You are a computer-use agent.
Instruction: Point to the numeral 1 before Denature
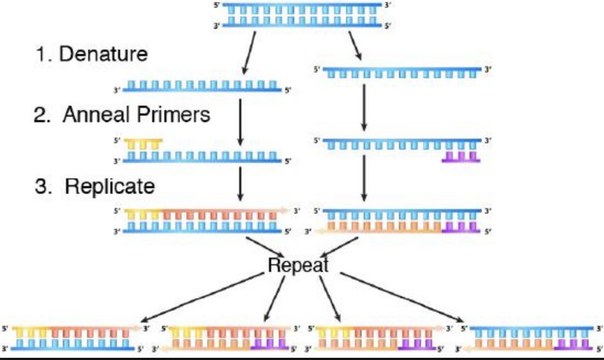(42, 55)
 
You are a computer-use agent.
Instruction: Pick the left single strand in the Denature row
(202, 87)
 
